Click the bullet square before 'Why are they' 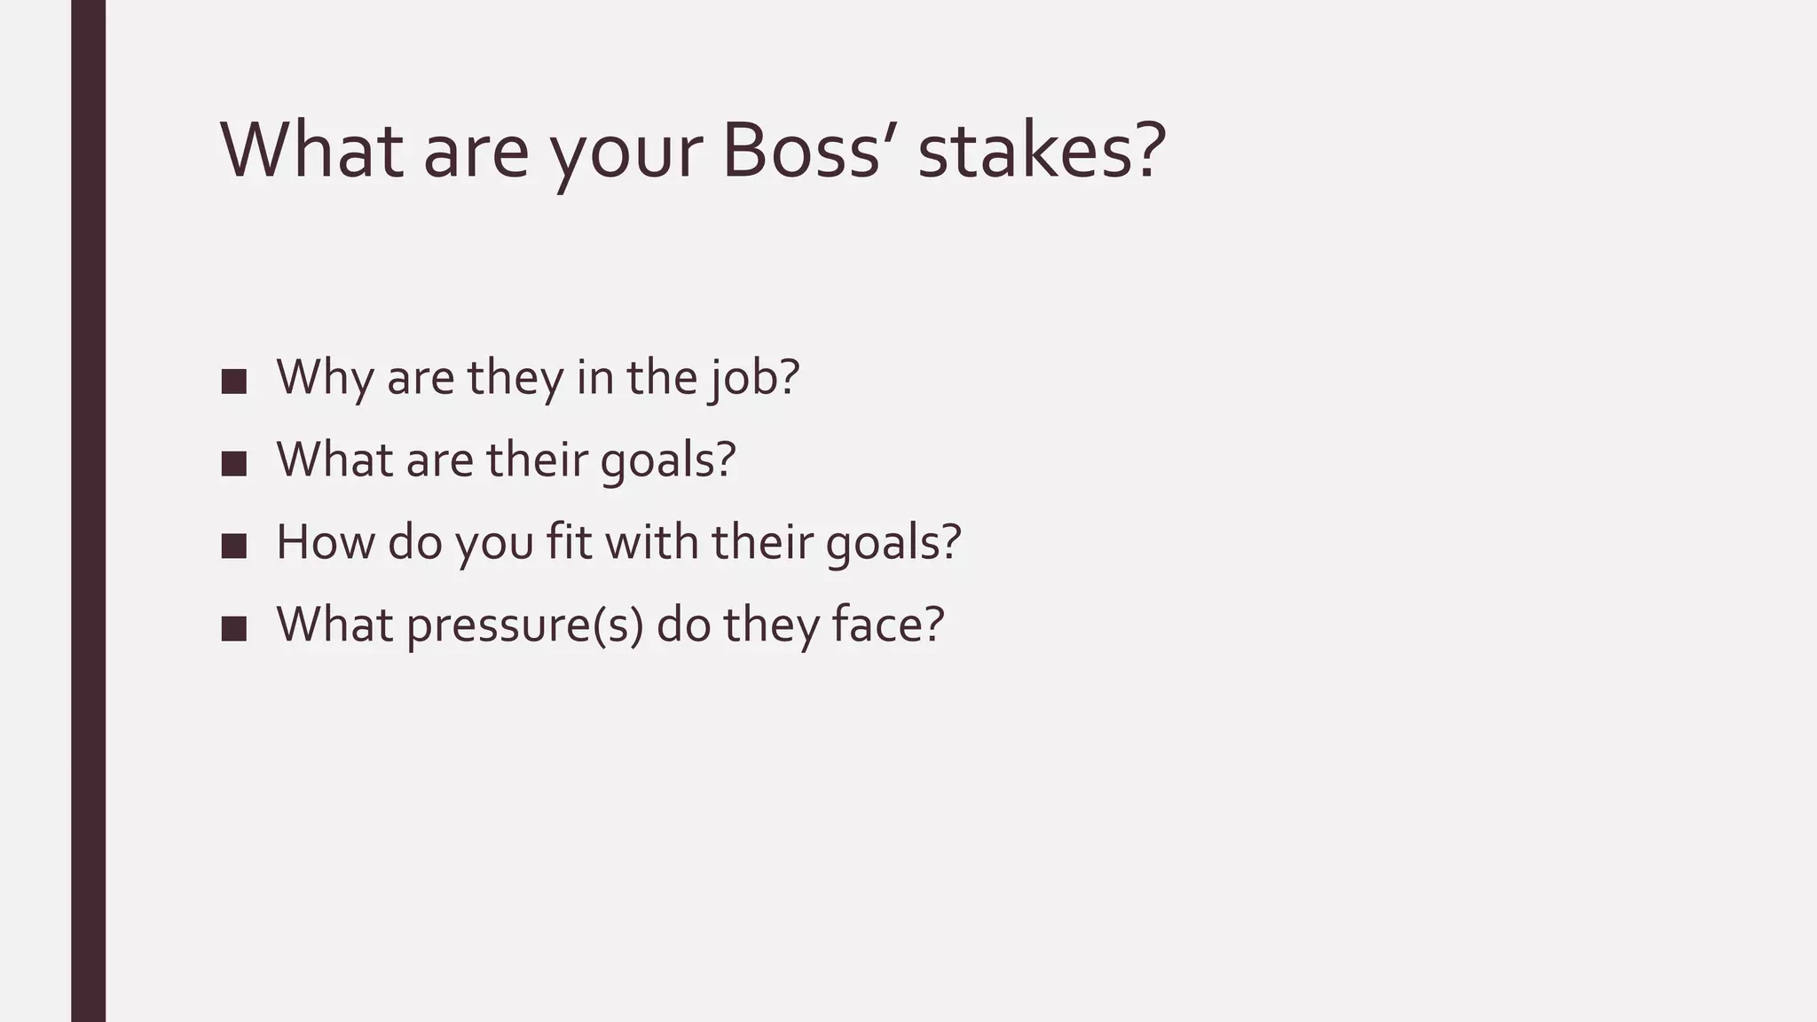[234, 381]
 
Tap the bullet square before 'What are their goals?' [234, 463]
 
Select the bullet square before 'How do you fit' [234, 546]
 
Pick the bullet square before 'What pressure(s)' [234, 628]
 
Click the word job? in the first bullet [754, 379]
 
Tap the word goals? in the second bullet [668, 461]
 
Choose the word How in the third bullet [325, 542]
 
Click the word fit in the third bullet [569, 542]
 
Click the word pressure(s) [524, 626]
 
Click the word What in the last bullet [334, 625]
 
